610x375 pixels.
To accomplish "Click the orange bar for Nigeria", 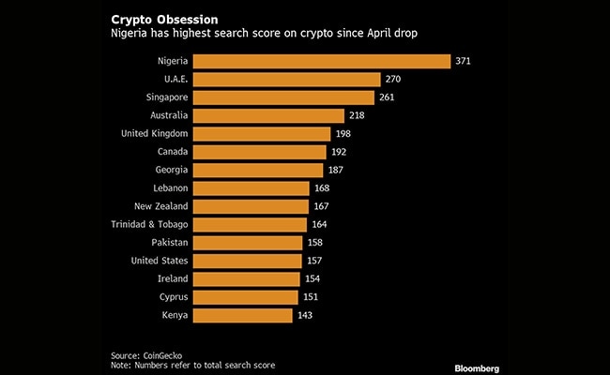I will click(x=322, y=61).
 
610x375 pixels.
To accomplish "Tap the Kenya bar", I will click(x=244, y=315).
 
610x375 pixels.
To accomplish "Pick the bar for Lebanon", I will click(x=252, y=187).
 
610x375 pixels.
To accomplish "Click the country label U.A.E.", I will click(x=174, y=80).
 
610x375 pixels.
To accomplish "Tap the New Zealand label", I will click(x=160, y=206).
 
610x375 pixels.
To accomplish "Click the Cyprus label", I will click(x=172, y=296).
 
